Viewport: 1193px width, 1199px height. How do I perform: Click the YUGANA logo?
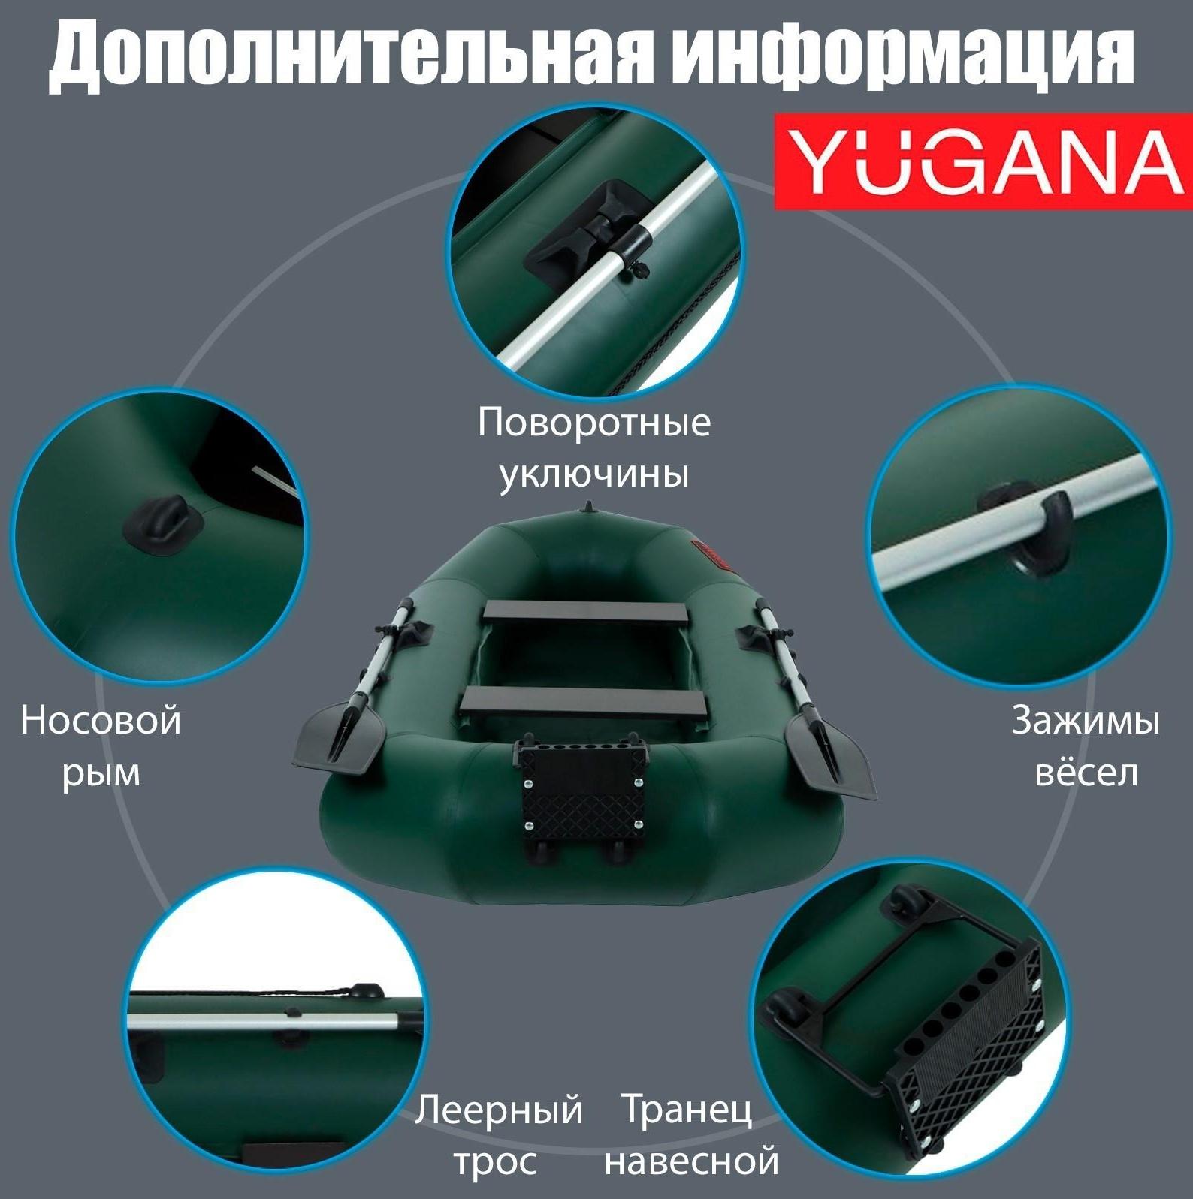pos(983,162)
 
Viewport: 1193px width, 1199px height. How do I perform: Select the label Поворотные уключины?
pos(593,448)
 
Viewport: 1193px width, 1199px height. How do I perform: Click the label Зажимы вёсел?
pos(1085,746)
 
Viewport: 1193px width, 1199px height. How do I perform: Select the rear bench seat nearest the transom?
pos(584,703)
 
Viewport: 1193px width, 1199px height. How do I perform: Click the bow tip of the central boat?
pos(589,508)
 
